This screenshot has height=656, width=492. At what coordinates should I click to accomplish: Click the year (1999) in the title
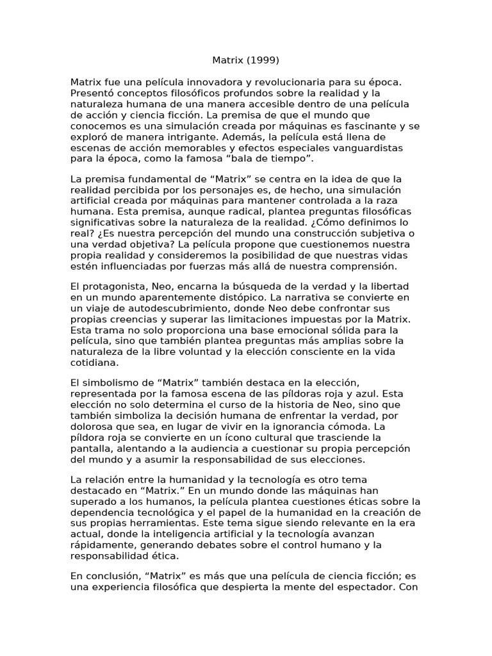(262, 61)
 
